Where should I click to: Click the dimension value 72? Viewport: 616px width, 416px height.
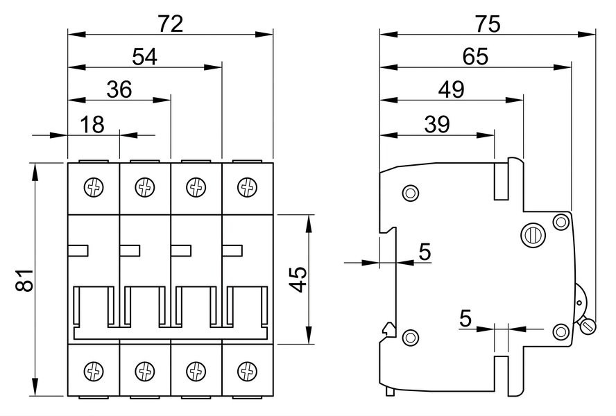point(171,24)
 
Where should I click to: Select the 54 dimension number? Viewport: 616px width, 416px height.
point(144,57)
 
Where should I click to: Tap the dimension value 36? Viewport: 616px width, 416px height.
point(119,89)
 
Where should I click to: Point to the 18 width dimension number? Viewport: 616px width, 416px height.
point(92,125)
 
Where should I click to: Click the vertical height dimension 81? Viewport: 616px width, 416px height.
point(24,280)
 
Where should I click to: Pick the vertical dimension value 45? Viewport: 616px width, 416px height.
point(300,279)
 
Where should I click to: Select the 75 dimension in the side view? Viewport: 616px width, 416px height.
point(488,24)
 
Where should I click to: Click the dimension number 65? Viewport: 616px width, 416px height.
point(475,57)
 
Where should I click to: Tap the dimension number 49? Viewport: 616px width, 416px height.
point(452,89)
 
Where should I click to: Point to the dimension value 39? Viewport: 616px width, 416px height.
point(437,125)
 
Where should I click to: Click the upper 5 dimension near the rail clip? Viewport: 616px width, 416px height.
point(425,252)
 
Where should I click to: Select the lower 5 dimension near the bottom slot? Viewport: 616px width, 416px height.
point(465,318)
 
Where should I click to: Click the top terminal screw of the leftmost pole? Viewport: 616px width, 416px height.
point(94,187)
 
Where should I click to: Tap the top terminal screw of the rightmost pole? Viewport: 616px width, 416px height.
point(248,187)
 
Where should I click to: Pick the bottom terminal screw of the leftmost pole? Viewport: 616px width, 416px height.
point(94,371)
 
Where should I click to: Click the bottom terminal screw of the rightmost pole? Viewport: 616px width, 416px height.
point(248,371)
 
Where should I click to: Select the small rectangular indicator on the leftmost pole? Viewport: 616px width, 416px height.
point(78,250)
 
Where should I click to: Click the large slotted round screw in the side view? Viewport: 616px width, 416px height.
point(533,236)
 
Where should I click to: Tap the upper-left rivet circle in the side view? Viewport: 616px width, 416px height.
point(411,193)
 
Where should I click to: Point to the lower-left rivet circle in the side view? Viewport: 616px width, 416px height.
point(411,338)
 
